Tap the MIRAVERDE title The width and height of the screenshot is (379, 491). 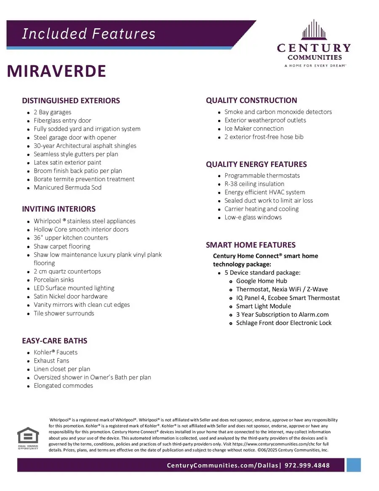pos(56,71)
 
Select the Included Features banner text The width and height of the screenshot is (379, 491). pos(88,34)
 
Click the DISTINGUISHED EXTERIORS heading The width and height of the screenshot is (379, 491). pos(71,101)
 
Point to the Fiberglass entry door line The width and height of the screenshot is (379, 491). pos(62,121)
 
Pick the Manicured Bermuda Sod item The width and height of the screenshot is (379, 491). pos(67,188)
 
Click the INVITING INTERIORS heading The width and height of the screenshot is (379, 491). pos(59,209)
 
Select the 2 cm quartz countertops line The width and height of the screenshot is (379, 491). pos(67,271)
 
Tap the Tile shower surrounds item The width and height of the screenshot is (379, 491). pos(64,313)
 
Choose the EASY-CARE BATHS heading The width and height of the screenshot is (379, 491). pos(54,341)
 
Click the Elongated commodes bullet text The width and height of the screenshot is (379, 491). pos(63,386)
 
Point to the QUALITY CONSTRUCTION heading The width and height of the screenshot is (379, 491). pos(251,100)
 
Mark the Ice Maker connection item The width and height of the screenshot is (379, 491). pos(254,129)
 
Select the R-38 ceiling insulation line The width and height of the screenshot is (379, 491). pos(254,184)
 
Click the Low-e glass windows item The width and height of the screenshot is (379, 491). pos(253,217)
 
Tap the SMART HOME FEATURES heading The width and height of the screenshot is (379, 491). pos(251,245)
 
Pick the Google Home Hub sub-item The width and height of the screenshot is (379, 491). pos(262,281)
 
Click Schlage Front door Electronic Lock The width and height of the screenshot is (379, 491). pos(284,323)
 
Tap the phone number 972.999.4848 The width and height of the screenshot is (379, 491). pos(307,465)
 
